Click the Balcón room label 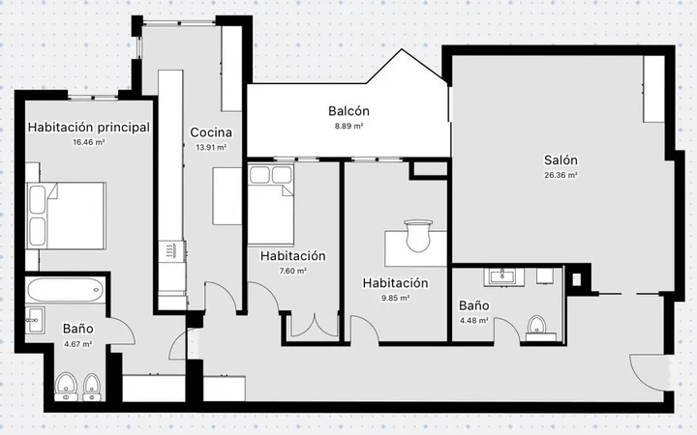click(x=348, y=111)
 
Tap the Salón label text click(x=561, y=159)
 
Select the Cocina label click(x=211, y=132)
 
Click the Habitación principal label click(x=89, y=128)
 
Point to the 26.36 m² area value click(x=561, y=175)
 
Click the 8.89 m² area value click(x=348, y=126)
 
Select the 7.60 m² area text click(x=293, y=271)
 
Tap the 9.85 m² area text click(x=395, y=298)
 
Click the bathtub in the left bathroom click(x=66, y=290)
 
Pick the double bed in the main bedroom click(x=66, y=216)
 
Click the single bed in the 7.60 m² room click(x=271, y=204)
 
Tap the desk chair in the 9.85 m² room click(x=418, y=236)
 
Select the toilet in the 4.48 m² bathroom click(x=537, y=326)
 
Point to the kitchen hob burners click(x=171, y=251)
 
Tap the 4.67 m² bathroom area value click(x=77, y=344)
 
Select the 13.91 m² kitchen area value click(x=211, y=147)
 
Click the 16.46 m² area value click(x=89, y=142)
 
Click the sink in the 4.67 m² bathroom click(x=34, y=320)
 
